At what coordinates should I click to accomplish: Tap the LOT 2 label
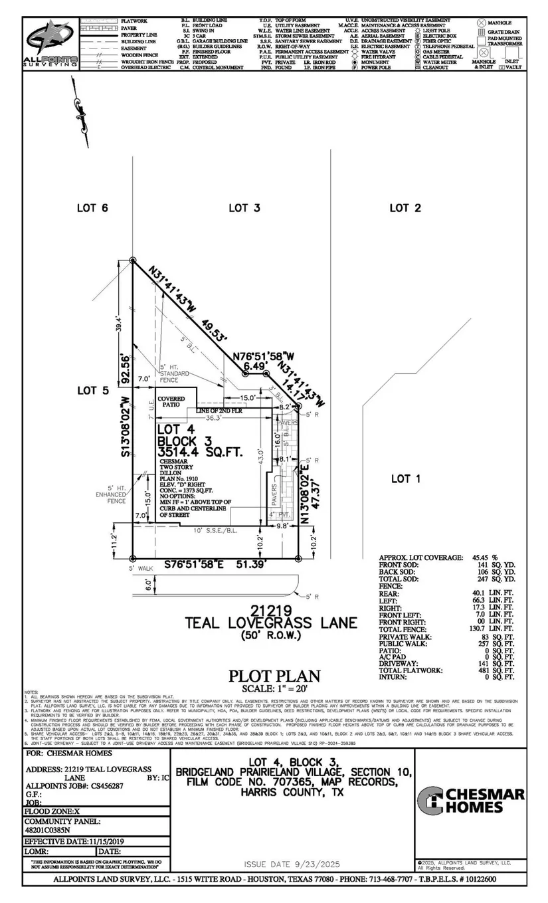coord(405,208)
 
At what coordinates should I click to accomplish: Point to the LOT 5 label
coord(93,390)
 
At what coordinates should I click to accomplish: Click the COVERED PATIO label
coord(171,401)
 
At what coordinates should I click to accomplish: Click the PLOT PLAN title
coord(274,676)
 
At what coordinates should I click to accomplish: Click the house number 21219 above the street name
coord(271,609)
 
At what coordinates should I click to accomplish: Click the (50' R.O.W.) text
coord(271,636)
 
